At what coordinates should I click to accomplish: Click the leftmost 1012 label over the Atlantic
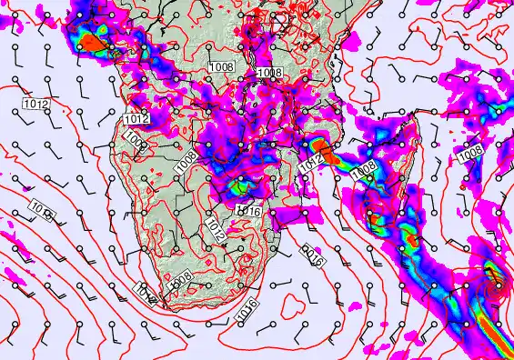(35, 105)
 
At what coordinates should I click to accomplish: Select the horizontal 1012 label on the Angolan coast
(136, 119)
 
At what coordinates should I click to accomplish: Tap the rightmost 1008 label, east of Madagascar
(470, 155)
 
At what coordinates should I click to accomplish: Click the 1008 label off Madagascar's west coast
(363, 170)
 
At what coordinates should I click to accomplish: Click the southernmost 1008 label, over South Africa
(183, 278)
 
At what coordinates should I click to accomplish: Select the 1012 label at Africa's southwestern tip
(146, 290)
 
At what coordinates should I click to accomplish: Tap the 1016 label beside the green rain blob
(249, 210)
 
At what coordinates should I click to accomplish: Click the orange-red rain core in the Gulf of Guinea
(92, 42)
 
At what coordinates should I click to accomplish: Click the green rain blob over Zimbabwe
(238, 187)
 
